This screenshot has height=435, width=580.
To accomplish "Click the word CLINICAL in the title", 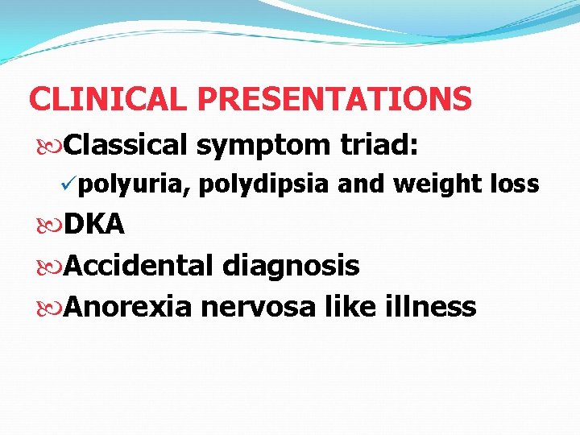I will [x=109, y=99].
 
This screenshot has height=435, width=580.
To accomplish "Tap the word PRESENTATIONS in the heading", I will [x=335, y=99].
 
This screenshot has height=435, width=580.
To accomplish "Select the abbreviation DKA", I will [x=94, y=225].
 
